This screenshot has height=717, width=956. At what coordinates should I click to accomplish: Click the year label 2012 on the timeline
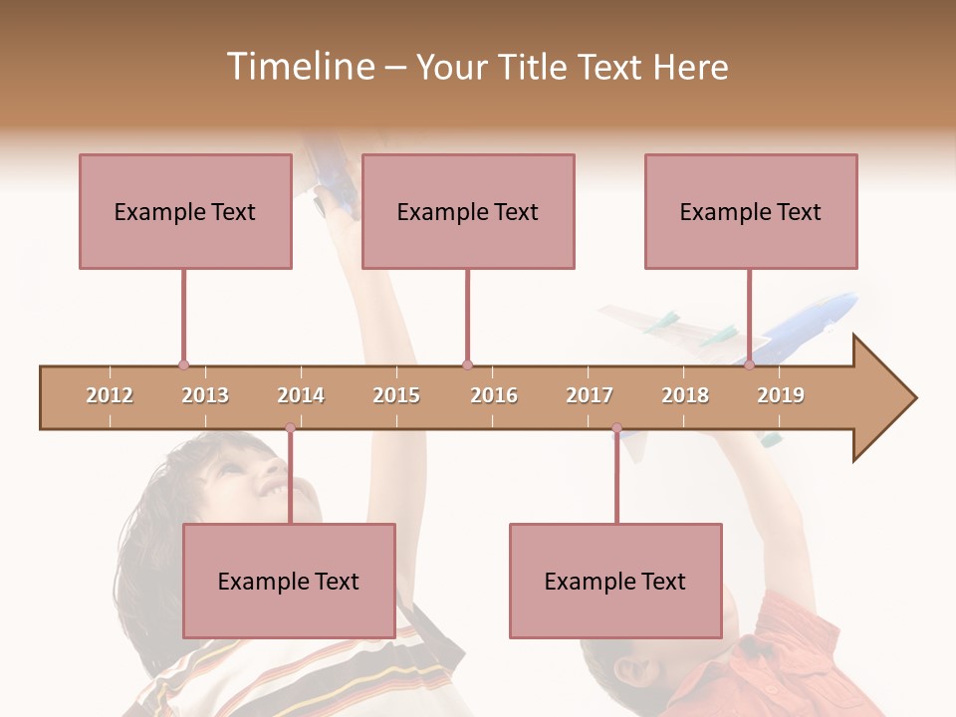(x=110, y=395)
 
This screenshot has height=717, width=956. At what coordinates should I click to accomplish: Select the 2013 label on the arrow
(x=205, y=395)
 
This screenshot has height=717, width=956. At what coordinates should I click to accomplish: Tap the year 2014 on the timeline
(x=301, y=395)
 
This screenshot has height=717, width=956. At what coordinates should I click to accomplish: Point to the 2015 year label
(x=396, y=395)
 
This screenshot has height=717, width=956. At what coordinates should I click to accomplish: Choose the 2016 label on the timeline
(x=494, y=395)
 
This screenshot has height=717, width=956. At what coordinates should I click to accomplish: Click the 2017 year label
(x=590, y=395)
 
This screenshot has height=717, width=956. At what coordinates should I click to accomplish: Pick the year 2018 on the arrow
(x=685, y=395)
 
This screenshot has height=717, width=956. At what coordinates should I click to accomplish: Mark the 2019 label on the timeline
(x=781, y=395)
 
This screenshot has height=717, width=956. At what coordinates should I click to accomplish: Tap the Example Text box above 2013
(x=185, y=211)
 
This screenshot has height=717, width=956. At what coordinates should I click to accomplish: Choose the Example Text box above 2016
(x=468, y=211)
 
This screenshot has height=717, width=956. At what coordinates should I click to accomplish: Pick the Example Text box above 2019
(x=751, y=211)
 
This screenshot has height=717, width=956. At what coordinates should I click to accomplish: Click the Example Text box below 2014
(x=289, y=581)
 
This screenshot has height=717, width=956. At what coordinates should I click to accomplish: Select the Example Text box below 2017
(x=615, y=581)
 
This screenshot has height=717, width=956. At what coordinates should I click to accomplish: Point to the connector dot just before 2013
(x=183, y=365)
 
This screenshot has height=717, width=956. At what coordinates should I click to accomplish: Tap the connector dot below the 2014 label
(x=290, y=428)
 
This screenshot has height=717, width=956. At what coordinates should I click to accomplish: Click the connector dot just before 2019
(x=749, y=365)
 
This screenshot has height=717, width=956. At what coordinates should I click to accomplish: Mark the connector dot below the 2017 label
(x=616, y=428)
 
